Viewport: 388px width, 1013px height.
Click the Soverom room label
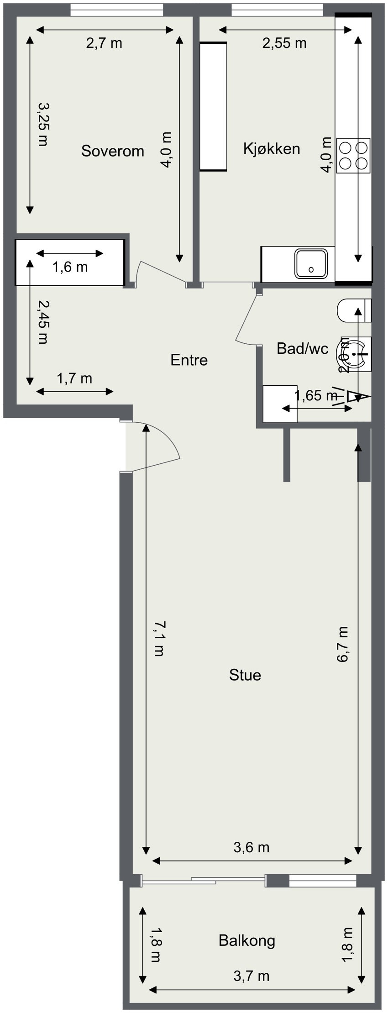[x=112, y=151]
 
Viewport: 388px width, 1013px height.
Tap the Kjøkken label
[x=272, y=148]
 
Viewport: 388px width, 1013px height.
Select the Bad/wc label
[x=302, y=349]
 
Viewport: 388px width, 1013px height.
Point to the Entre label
[x=189, y=360]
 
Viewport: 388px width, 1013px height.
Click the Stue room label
[x=245, y=675]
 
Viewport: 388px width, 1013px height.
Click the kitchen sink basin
[x=311, y=263]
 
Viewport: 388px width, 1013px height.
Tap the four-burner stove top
[x=353, y=155]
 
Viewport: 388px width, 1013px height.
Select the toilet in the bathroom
[x=354, y=310]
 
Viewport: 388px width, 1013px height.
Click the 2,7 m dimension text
[x=104, y=43]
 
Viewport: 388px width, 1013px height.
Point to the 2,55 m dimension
[x=284, y=43]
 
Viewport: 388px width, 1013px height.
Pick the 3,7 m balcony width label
[x=251, y=976]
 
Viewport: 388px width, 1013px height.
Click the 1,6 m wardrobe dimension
[x=70, y=267]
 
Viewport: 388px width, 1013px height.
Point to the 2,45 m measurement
[x=42, y=322]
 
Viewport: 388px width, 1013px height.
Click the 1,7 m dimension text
[x=74, y=378]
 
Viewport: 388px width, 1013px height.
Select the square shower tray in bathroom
[x=280, y=404]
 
